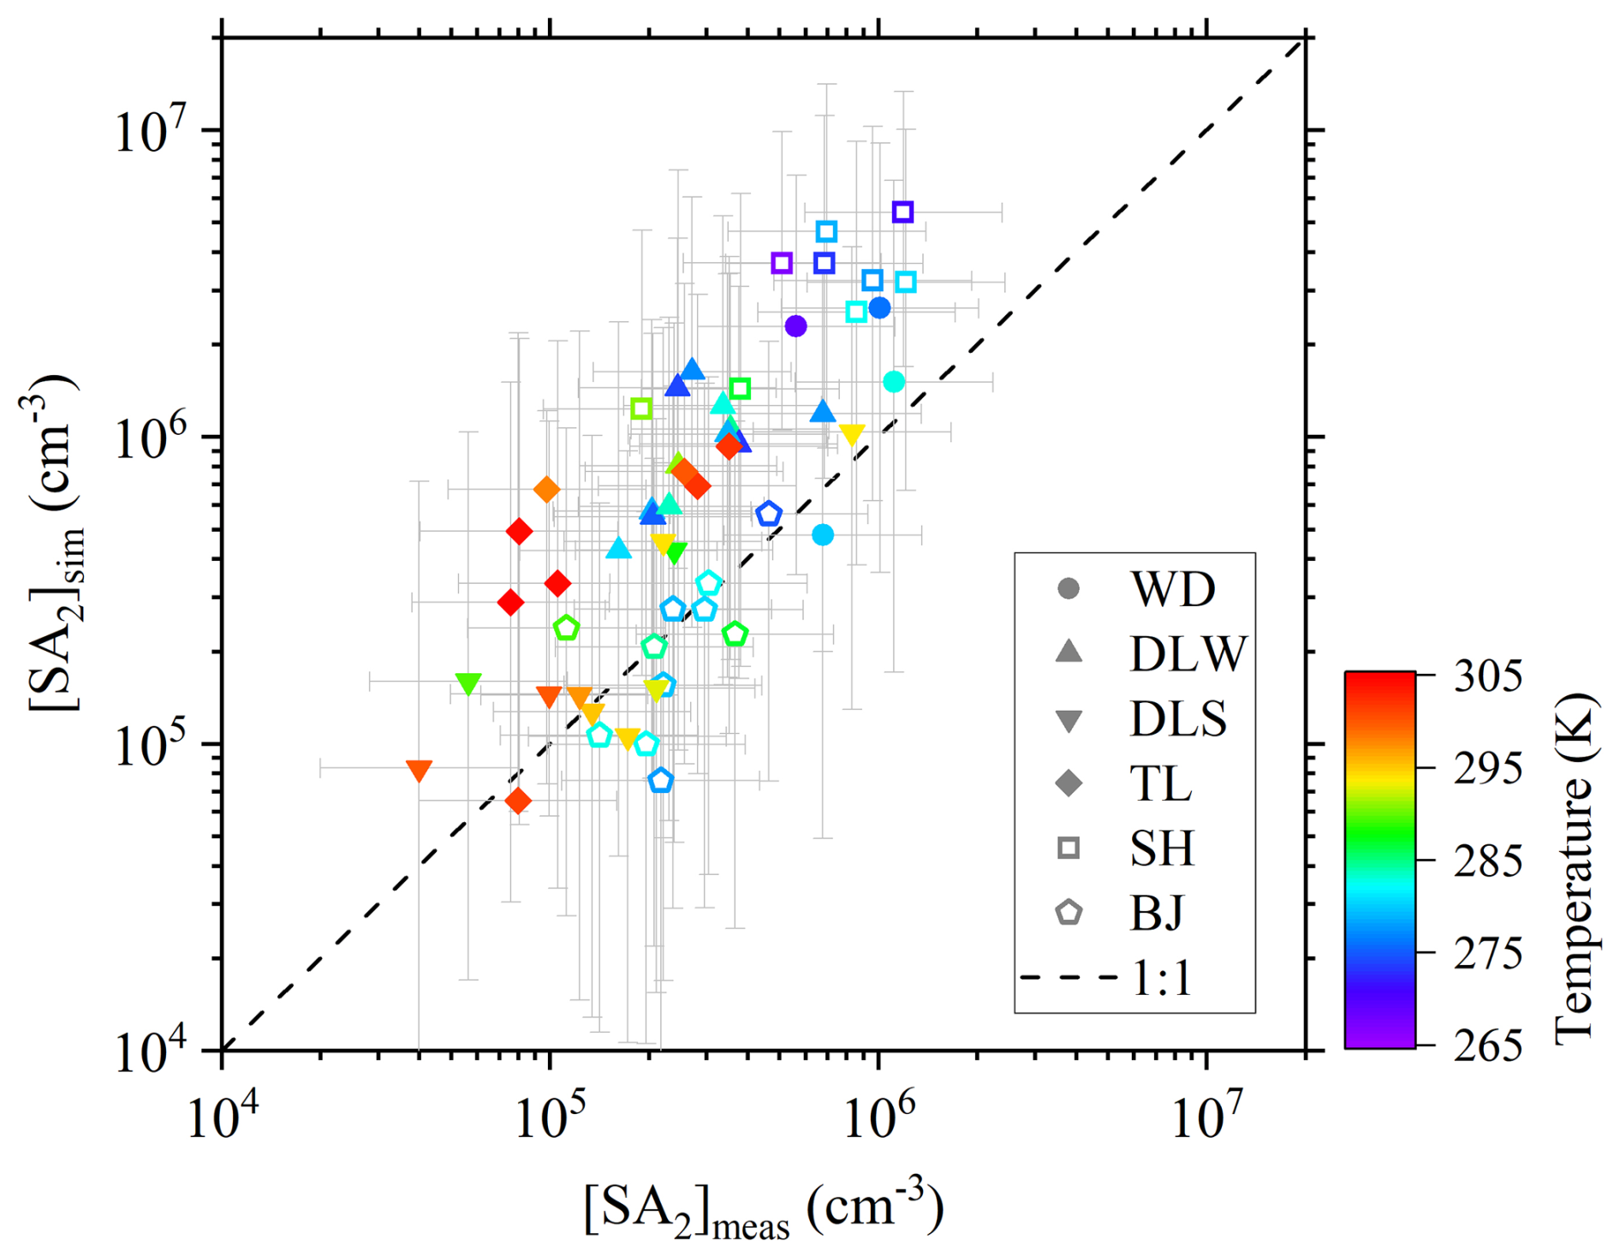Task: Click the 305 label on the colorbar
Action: pos(1487,676)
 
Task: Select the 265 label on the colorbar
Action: pos(1487,1046)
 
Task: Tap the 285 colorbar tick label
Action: pos(1487,861)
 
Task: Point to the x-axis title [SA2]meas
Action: pos(763,1211)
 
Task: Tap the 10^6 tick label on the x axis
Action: pos(878,1118)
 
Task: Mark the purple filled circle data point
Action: pos(795,326)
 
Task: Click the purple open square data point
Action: pos(781,263)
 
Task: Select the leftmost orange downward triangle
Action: pos(419,771)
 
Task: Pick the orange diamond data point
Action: pos(547,490)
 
